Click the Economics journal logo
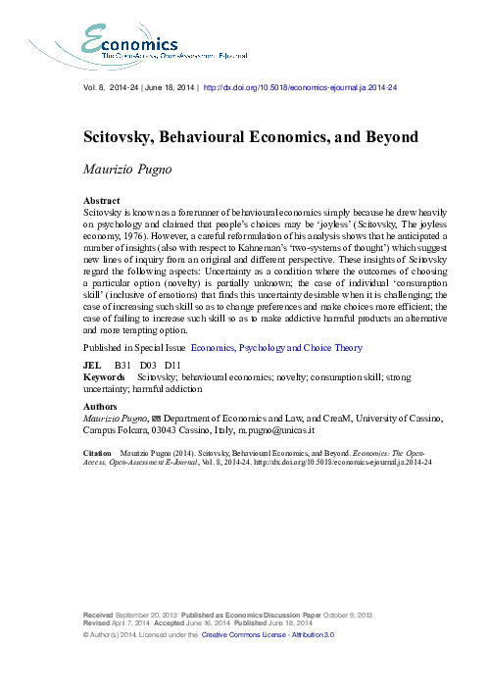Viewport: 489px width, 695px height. tap(128, 46)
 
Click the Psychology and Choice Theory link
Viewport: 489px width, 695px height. tap(313, 347)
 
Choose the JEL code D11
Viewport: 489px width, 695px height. tap(171, 364)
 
